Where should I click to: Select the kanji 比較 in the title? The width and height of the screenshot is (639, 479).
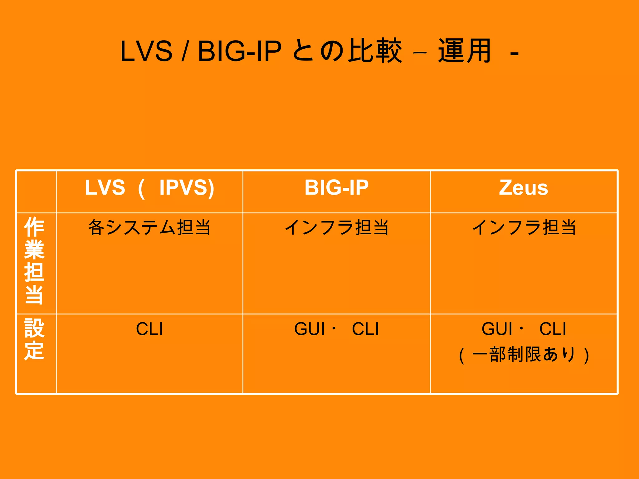click(x=375, y=51)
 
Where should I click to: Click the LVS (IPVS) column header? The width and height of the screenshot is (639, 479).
click(x=149, y=188)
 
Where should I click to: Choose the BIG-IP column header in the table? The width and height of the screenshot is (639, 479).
click(x=336, y=188)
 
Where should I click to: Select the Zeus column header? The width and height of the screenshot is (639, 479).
click(x=523, y=188)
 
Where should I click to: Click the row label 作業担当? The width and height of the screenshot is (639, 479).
click(x=34, y=260)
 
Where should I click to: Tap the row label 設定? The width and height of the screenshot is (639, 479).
click(x=34, y=339)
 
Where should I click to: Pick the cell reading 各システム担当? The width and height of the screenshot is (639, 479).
click(x=149, y=227)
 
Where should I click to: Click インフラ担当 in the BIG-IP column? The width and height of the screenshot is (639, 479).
click(x=336, y=227)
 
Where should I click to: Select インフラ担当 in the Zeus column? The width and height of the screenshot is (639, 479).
click(x=524, y=227)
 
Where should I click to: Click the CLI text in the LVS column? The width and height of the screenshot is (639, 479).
click(x=149, y=329)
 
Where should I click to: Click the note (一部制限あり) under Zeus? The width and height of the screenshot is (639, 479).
click(x=524, y=355)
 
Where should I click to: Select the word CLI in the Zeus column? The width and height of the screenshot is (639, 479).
click(x=553, y=329)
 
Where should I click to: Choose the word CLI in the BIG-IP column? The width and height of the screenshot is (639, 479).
click(x=365, y=329)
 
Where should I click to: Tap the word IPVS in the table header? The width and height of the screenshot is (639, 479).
click(x=187, y=188)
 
